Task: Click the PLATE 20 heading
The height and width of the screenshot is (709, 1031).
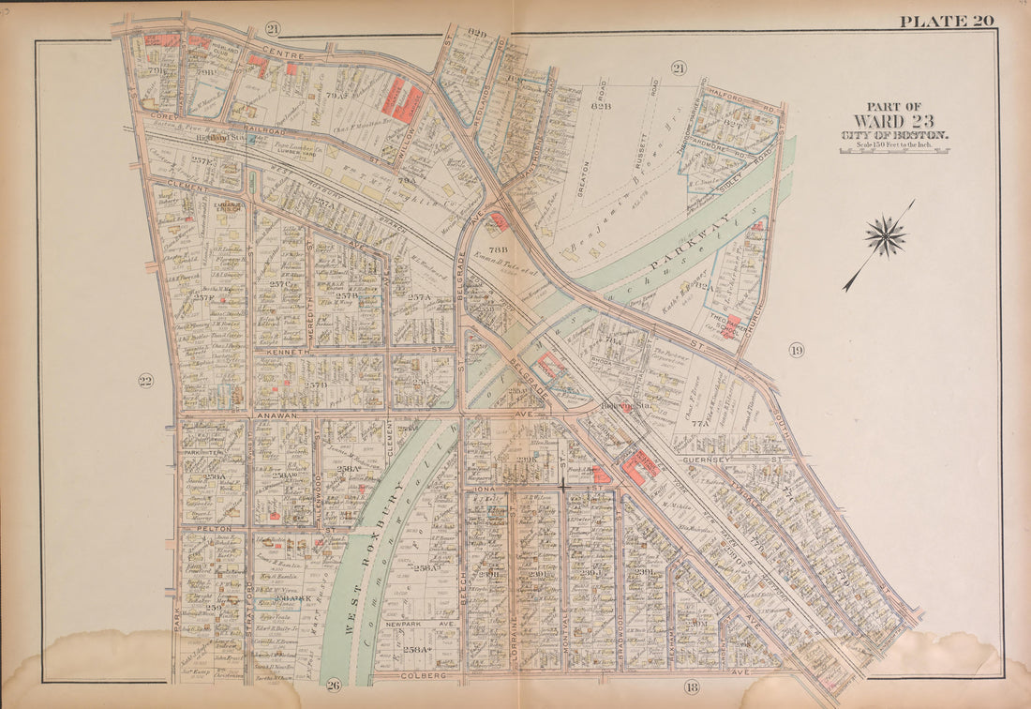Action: pos(946,21)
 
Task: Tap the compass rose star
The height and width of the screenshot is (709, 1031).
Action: pos(885,235)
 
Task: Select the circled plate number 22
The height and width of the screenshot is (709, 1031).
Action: pos(145,381)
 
